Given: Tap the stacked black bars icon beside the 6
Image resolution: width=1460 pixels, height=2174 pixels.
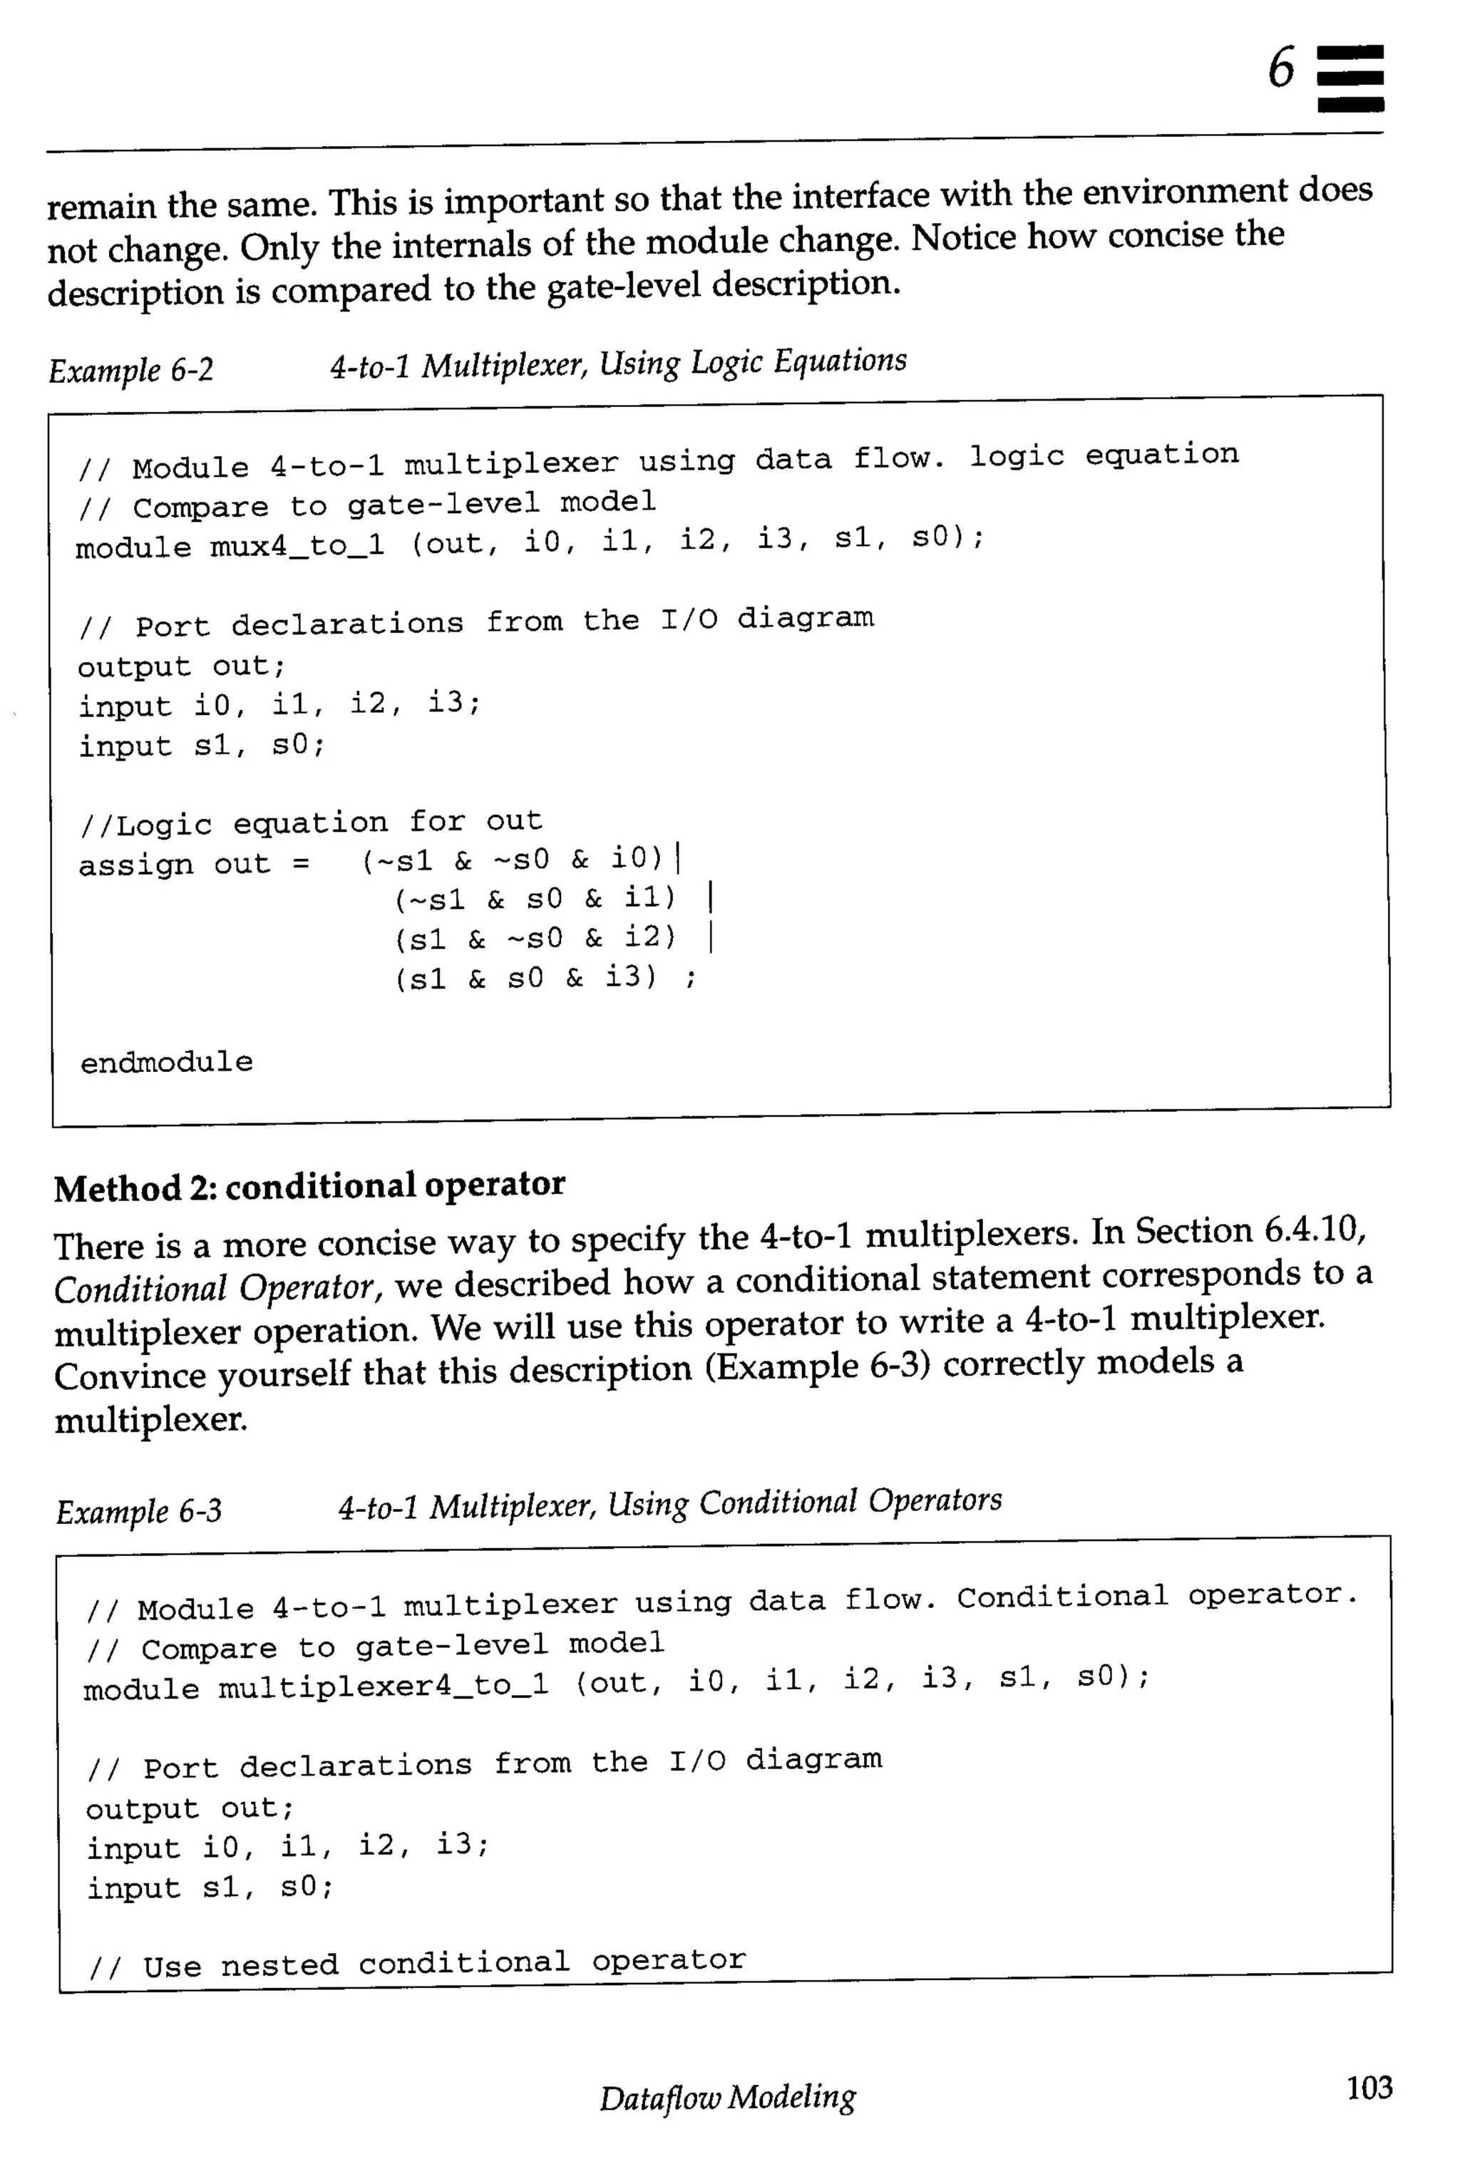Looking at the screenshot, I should (1350, 78).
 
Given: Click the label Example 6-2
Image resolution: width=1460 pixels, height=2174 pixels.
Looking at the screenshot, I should (131, 371).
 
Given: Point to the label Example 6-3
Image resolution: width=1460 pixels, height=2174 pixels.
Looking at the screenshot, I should (139, 1510).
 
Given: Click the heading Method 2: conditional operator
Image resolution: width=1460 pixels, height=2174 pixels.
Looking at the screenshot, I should (309, 1186).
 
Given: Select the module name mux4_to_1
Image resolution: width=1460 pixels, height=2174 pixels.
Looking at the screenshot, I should (297, 545).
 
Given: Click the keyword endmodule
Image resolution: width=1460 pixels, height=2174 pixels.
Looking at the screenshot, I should (167, 1062).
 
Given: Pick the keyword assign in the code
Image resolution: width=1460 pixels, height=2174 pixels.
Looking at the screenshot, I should (136, 865).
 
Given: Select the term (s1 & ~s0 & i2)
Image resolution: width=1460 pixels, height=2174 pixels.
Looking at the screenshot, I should (535, 937).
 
